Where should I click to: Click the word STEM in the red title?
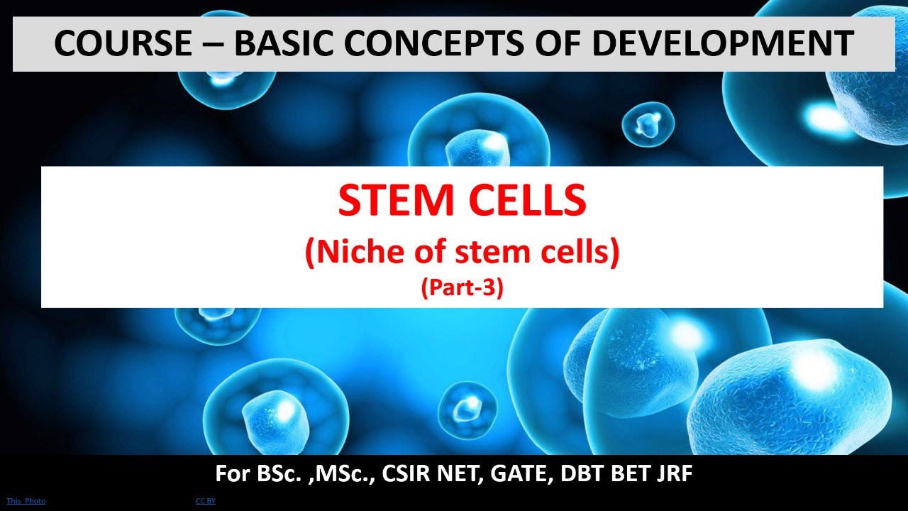pos(393,201)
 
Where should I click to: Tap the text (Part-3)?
pos(462,289)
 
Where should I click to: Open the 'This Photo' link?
pos(26,501)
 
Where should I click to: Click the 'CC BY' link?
pos(206,501)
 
